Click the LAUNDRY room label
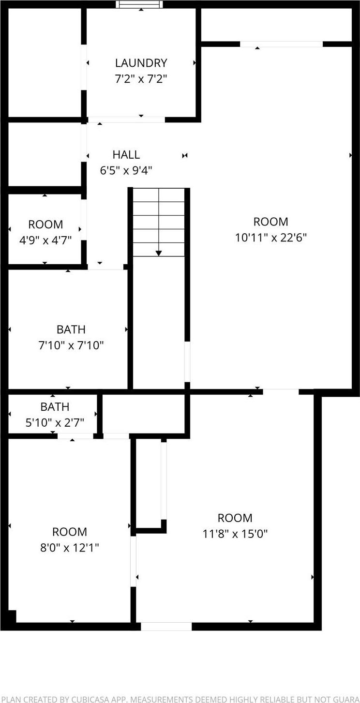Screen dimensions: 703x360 point(141,63)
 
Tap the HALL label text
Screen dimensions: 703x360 point(126,155)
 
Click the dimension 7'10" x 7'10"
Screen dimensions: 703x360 point(71,345)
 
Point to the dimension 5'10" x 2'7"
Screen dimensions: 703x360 point(55,422)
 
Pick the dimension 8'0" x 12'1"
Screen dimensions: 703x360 point(70,548)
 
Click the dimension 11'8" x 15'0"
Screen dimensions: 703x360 point(235,534)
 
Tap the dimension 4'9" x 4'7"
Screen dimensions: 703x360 point(45,240)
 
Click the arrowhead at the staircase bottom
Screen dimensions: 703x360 point(159,253)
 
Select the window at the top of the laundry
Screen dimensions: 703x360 point(139,4)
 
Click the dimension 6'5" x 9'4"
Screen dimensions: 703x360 point(126,170)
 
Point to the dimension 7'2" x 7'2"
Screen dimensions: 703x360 point(141,79)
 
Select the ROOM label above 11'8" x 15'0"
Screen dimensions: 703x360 point(235,518)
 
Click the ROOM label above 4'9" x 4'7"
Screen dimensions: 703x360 point(45,224)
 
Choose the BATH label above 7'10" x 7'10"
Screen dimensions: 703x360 point(71,329)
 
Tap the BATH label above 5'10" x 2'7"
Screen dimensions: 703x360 point(55,407)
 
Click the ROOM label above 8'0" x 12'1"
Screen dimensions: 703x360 point(70,532)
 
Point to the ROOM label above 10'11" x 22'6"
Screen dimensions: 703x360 point(271,222)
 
